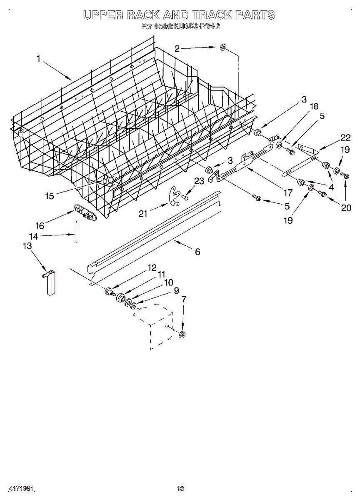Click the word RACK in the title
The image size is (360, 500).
143,15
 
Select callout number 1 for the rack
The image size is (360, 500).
38,59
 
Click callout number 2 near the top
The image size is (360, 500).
177,49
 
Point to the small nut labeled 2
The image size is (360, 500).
222,48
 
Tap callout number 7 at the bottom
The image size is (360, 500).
184,299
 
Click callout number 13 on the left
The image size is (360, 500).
27,246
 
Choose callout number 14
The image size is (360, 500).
33,236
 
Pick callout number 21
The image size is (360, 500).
143,214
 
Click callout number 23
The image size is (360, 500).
200,181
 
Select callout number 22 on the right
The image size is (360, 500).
345,138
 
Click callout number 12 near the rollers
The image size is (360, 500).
152,267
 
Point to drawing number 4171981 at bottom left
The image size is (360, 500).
20,488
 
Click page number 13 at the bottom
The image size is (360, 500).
180,488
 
